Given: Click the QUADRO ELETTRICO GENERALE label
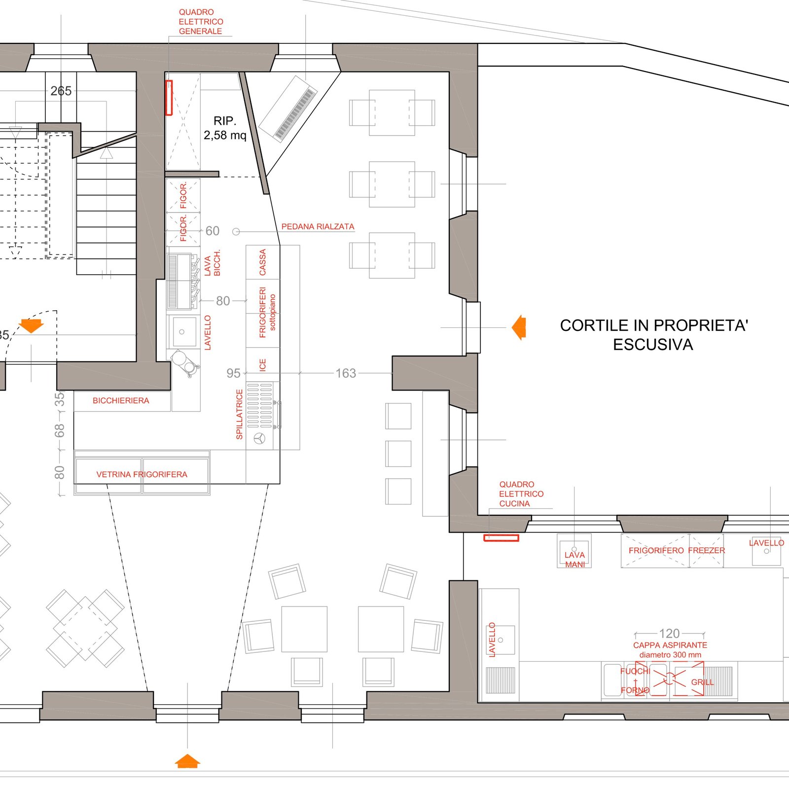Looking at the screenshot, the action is [x=201, y=22].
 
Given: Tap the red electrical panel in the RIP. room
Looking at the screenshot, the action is [x=169, y=98].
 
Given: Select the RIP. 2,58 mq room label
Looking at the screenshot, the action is [x=225, y=128].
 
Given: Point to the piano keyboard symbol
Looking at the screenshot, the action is [x=288, y=109].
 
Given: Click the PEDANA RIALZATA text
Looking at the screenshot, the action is [x=318, y=227].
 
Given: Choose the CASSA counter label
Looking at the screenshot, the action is [x=263, y=262].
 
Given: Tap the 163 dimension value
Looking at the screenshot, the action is [x=346, y=373].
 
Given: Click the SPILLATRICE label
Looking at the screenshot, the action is [x=240, y=414].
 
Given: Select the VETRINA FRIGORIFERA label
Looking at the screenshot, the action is [x=142, y=474].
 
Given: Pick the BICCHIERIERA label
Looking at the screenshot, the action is [x=121, y=401].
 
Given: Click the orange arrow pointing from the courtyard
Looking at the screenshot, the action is [x=519, y=327].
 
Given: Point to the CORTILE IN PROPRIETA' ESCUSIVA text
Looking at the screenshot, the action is [x=654, y=335].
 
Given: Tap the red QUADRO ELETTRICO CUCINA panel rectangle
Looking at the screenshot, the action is [x=501, y=538].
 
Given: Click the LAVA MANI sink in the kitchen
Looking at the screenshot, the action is [x=574, y=551].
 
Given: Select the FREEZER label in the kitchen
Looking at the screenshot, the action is [x=707, y=550].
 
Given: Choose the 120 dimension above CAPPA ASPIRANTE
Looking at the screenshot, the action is [x=669, y=633].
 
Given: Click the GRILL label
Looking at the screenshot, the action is [x=702, y=682].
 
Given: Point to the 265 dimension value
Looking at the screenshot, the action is [x=61, y=91].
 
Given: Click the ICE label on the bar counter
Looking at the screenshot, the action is [x=263, y=365].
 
